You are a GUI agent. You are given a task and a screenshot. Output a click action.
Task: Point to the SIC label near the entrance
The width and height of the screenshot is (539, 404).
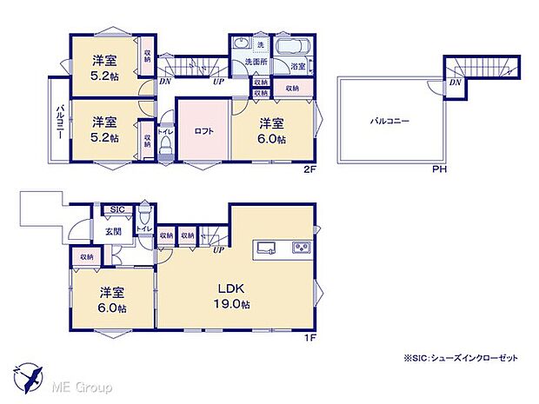[x=117, y=210]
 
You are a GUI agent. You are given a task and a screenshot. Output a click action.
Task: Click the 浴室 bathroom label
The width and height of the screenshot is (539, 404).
[x=297, y=66]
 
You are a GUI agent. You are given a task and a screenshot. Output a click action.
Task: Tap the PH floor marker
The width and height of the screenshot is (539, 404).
[x=441, y=169]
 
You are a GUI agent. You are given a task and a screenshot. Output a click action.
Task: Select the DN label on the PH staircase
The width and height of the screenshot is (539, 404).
[x=456, y=84]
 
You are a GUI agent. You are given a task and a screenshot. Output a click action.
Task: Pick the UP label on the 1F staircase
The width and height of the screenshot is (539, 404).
[x=218, y=250]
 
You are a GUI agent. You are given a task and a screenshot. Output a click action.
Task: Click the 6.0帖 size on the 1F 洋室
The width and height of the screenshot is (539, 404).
[x=112, y=308]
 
